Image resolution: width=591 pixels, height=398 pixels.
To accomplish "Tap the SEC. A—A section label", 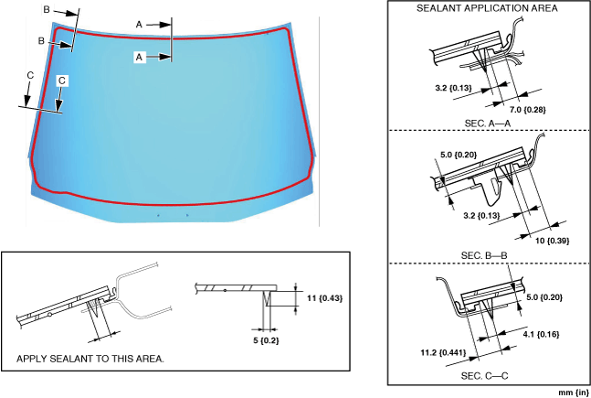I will pos(487,122).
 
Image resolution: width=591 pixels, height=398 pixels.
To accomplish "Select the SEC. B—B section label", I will pos(487,253).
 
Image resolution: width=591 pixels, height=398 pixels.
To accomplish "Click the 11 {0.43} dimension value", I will pos(324,298).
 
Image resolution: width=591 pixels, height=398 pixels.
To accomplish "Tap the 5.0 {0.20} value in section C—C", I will pos(546,296).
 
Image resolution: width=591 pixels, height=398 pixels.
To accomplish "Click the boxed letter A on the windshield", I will pos(141,56).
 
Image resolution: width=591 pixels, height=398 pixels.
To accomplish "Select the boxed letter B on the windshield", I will pos(42,41).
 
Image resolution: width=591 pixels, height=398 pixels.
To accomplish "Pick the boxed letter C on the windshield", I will pos(61,81).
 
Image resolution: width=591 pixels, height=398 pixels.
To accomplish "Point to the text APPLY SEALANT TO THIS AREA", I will pos(90,358).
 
